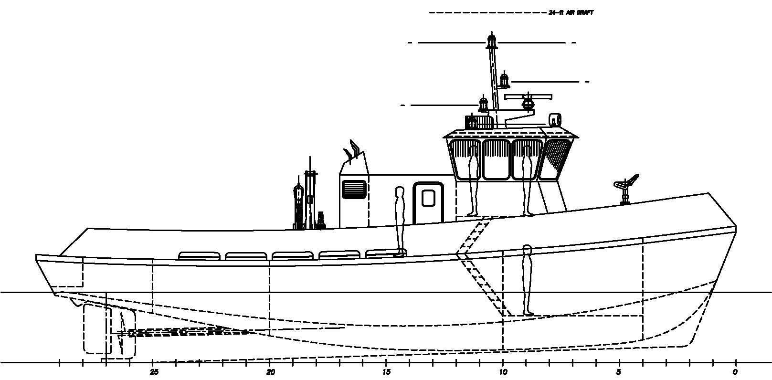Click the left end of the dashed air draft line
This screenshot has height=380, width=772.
[429, 13]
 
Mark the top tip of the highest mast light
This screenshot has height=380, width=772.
[491, 32]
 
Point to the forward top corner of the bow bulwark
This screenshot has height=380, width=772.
[708, 193]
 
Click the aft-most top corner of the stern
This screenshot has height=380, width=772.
[36, 255]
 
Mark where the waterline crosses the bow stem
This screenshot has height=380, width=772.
[712, 293]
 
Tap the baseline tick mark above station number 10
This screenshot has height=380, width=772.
[503, 363]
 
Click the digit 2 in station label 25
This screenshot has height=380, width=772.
[152, 372]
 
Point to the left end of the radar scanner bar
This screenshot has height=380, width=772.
[505, 97]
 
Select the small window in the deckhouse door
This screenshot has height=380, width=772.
[428, 198]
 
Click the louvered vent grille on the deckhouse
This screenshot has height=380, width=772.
[354, 189]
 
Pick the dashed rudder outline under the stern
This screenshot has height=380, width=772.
[97, 328]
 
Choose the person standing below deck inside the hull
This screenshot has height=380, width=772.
[527, 280]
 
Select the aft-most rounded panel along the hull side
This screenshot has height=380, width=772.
[199, 256]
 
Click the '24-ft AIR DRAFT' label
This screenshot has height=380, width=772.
[571, 13]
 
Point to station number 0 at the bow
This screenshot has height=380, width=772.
[735, 372]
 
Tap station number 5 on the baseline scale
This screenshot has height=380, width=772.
[619, 372]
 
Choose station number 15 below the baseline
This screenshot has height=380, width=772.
[386, 372]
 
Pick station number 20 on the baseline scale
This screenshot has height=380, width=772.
[271, 372]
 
